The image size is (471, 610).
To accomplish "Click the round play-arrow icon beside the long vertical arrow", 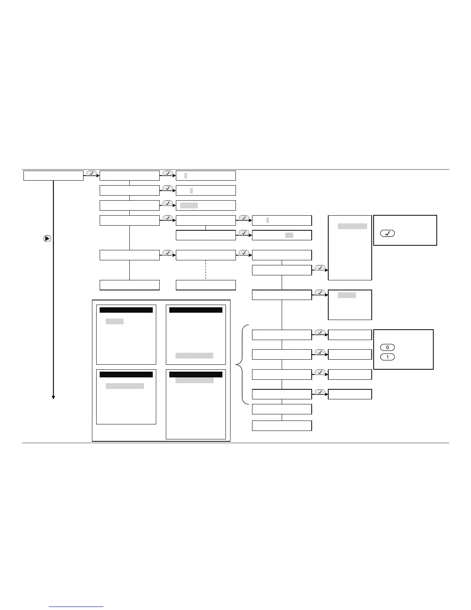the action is click(x=47, y=238).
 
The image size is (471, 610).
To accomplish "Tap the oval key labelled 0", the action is click(x=387, y=347).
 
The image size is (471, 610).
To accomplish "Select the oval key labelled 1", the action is click(x=387, y=357).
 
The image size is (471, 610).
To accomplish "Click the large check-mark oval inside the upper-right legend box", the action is click(x=387, y=233).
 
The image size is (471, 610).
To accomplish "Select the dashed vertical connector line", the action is click(x=206, y=270).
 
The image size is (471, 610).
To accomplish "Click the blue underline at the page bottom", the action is click(x=77, y=607).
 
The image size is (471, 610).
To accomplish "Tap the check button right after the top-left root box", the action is click(x=91, y=173).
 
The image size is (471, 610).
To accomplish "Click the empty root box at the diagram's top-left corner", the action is click(x=53, y=176).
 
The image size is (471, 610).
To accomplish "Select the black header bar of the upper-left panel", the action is click(x=126, y=310).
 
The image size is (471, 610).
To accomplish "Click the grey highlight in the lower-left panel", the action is click(x=125, y=386).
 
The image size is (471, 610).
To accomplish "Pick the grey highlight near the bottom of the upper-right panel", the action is click(x=194, y=355).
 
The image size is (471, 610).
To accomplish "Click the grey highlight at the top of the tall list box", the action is click(x=352, y=226).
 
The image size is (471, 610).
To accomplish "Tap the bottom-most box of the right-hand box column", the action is click(x=282, y=426).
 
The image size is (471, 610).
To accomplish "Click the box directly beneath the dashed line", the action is click(x=206, y=285).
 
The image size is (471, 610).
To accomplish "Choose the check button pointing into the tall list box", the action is click(x=320, y=268).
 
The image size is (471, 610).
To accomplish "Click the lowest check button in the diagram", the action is click(x=320, y=392).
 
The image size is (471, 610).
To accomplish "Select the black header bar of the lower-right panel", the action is click(x=196, y=374).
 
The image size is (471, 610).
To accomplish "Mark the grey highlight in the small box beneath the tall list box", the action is click(x=347, y=295).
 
